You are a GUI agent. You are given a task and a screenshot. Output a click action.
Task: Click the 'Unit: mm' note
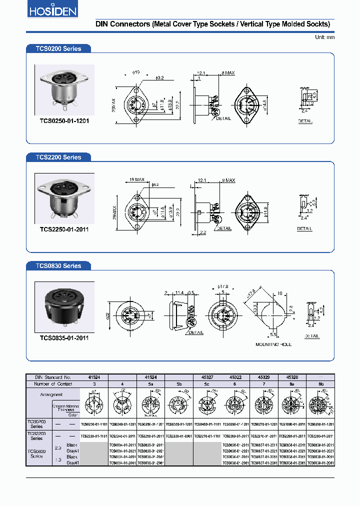click(x=324, y=37)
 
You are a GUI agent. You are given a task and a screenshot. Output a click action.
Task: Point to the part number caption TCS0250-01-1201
click(x=64, y=121)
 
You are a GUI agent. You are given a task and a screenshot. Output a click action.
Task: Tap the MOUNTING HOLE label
click(x=273, y=344)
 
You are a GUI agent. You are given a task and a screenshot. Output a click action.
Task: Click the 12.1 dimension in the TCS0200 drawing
click(x=201, y=72)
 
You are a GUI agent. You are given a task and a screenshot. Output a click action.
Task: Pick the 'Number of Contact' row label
click(x=53, y=384)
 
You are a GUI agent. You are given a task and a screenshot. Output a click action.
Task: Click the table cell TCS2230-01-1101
click(x=94, y=436)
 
